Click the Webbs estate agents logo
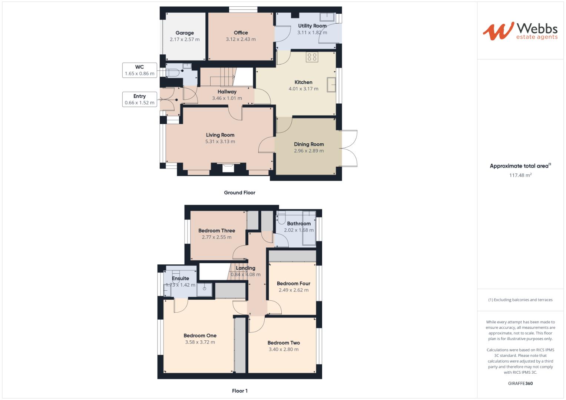[520, 31]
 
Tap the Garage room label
[185, 33]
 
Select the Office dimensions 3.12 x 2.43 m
[241, 39]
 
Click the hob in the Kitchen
[312, 57]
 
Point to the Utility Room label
[312, 26]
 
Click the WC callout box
[139, 70]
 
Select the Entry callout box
[139, 99]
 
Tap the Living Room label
[220, 135]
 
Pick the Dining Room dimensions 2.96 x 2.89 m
[309, 151]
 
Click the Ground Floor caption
[239, 193]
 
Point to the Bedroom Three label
[216, 231]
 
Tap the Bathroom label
[299, 224]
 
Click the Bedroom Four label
[294, 284]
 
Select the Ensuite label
[181, 279]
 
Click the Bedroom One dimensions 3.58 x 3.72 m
[200, 342]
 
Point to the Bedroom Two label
[284, 343]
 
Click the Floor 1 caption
[239, 391]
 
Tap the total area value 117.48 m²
[520, 175]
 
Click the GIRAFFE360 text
[520, 383]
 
